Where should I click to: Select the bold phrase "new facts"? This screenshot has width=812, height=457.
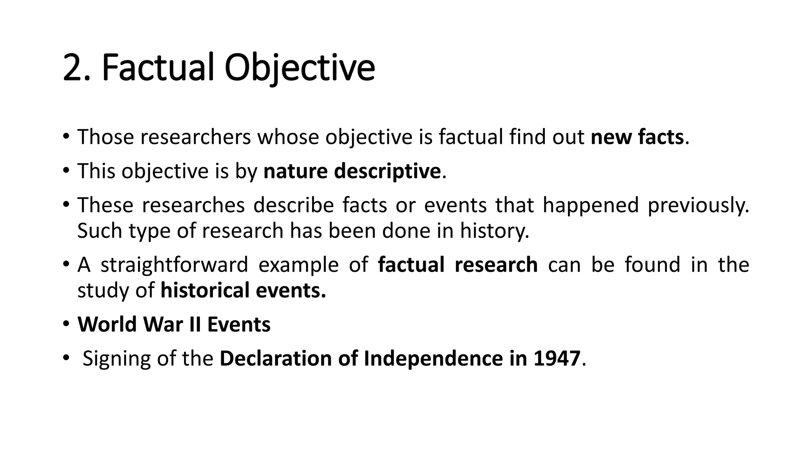[637, 137]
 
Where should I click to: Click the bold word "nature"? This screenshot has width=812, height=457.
[295, 171]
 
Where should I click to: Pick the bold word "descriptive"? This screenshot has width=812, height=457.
[387, 171]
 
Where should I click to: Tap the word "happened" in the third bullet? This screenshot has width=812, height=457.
[590, 205]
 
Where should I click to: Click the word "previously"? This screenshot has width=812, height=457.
[698, 205]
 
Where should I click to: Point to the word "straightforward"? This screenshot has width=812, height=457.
[174, 265]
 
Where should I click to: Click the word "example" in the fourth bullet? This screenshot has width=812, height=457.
[298, 265]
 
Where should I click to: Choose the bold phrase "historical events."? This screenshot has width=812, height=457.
[243, 290]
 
